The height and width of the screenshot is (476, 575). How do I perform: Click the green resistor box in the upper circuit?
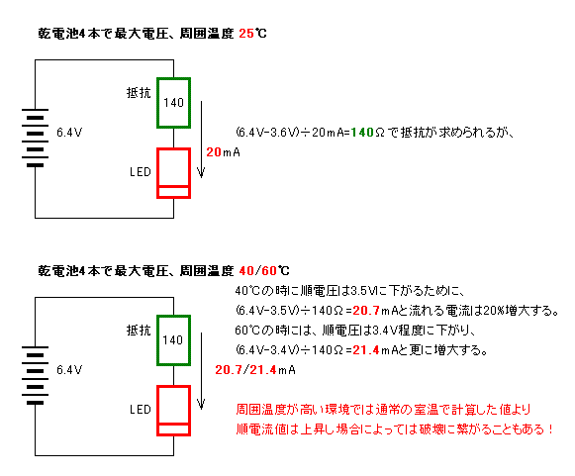point(158,103)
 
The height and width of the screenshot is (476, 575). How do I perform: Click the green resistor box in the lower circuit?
point(158,340)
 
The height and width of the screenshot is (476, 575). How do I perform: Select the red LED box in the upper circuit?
point(158,173)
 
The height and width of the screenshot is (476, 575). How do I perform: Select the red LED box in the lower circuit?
point(158,411)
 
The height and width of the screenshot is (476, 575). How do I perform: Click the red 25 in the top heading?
point(246,34)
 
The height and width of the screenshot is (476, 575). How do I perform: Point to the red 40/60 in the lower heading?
point(257,271)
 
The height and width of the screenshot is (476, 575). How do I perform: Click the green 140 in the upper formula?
point(362,133)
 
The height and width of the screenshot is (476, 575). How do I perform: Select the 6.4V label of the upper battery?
point(69,133)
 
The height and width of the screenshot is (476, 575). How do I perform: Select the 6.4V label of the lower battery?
point(69,370)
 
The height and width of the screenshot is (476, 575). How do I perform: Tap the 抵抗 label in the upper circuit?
point(139,92)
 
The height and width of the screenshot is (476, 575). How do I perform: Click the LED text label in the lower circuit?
point(141,410)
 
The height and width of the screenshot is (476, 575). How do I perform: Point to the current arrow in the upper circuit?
point(201,140)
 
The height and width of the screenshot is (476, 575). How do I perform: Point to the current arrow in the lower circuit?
point(201,371)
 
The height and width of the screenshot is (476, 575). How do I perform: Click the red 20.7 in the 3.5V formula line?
point(366,311)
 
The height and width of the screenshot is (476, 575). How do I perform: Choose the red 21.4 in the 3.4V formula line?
point(366,350)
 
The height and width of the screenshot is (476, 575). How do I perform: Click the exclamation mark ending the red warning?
point(551,428)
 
